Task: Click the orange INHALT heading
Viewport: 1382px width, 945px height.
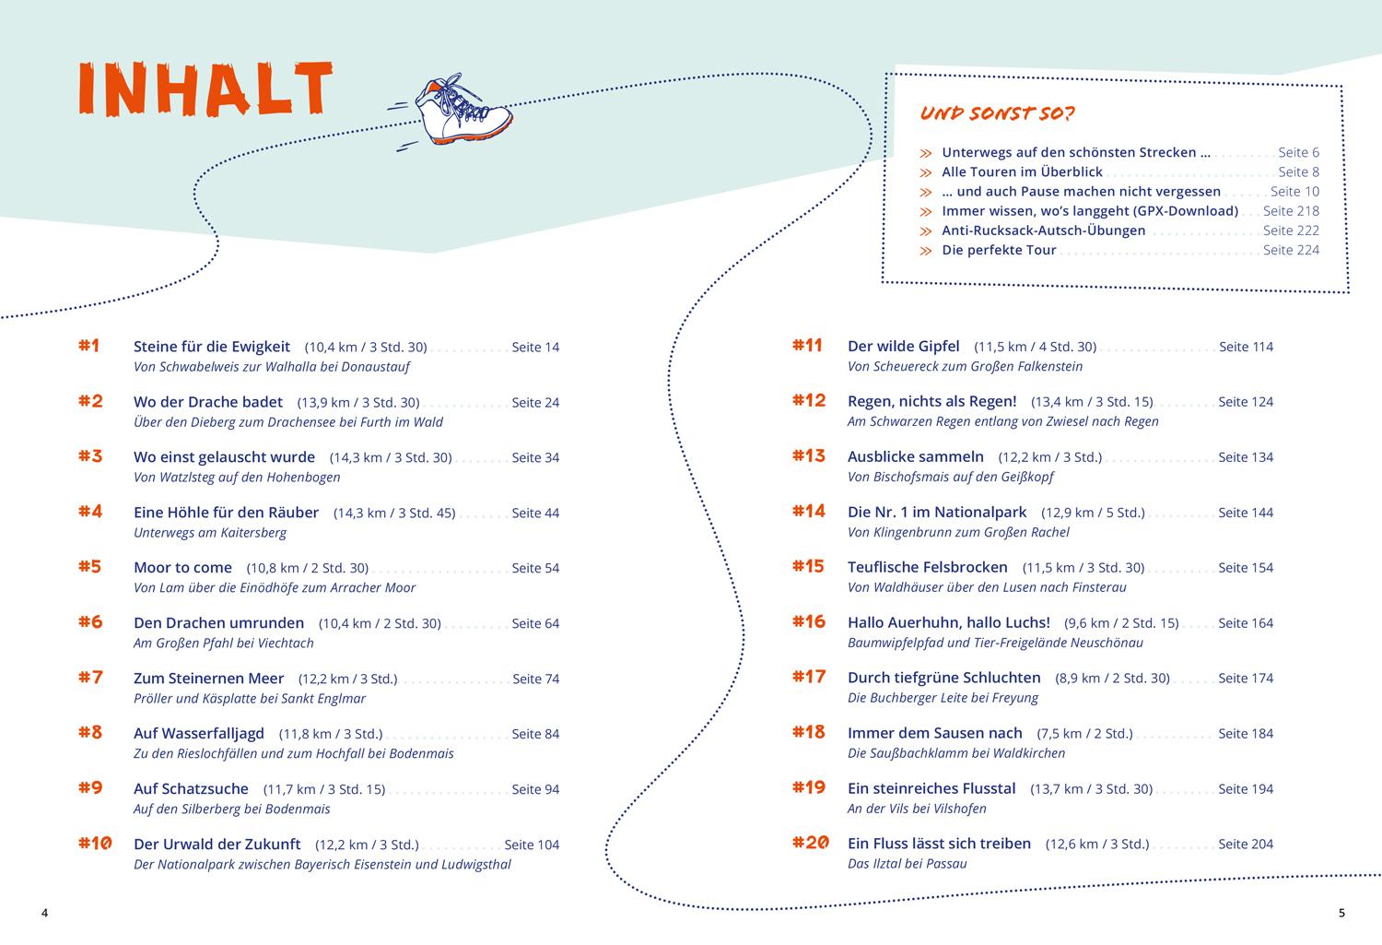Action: point(205,89)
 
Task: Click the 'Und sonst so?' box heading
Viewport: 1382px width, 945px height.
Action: point(998,114)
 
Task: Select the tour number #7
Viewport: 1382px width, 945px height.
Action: point(90,678)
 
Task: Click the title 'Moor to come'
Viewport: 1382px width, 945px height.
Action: point(182,568)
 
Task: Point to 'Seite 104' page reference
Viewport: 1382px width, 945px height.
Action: point(532,845)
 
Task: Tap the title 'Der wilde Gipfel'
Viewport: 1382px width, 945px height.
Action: point(903,347)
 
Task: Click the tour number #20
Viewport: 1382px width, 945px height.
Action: point(811,843)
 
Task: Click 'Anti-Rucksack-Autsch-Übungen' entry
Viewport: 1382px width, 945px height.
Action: point(1043,230)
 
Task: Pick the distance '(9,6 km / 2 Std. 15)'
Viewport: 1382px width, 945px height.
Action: point(1121,623)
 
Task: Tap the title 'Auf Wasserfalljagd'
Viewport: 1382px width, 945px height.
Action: point(199,734)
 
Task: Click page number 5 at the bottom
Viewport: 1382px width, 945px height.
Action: point(1341,914)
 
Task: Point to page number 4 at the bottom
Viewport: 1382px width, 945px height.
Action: point(44,914)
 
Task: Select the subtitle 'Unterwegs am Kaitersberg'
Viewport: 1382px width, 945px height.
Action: point(210,533)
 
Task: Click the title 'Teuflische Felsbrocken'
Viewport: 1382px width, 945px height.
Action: point(927,568)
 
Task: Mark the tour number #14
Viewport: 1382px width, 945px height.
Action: point(809,512)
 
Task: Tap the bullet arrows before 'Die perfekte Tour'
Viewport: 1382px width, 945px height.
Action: point(926,251)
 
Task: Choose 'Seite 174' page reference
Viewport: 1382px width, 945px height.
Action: point(1246,679)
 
